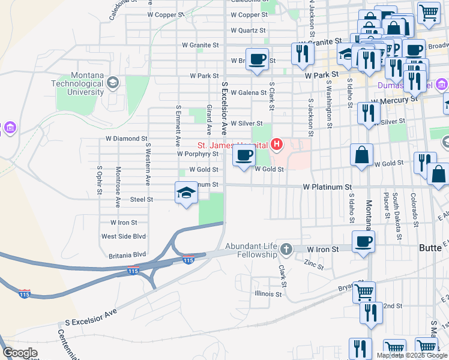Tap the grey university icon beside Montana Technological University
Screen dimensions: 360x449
coord(112,85)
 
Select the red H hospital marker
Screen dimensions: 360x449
coord(277,144)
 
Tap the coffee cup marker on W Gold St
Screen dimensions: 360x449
coord(244,157)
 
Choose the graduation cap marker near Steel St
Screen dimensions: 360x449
coord(186,193)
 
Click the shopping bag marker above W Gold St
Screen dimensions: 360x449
coord(361,155)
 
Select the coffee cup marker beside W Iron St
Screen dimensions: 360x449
coord(363,242)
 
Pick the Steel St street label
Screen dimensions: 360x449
coord(142,199)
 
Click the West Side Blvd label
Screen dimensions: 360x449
coord(124,236)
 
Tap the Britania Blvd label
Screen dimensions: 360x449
coord(127,255)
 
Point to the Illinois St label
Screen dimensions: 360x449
coord(268,294)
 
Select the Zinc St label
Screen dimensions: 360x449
coord(313,263)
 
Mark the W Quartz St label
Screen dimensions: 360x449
coord(248,30)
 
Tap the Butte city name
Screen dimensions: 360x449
coord(430,248)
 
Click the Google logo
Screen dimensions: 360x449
coord(20,353)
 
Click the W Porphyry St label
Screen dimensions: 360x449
coord(197,154)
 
